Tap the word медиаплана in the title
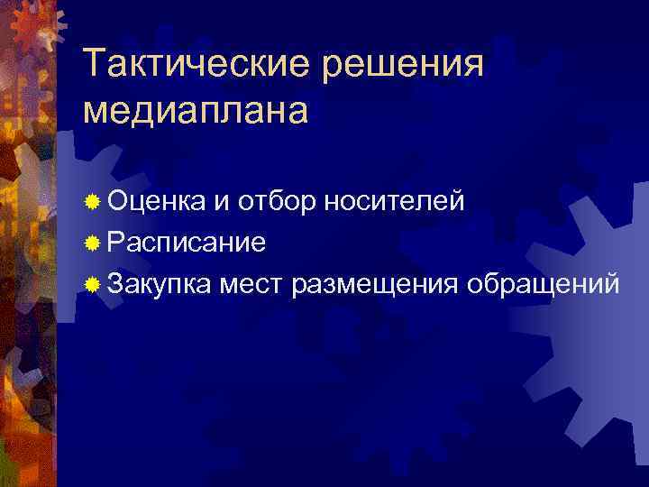[x=195, y=110]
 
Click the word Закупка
[x=160, y=284]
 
